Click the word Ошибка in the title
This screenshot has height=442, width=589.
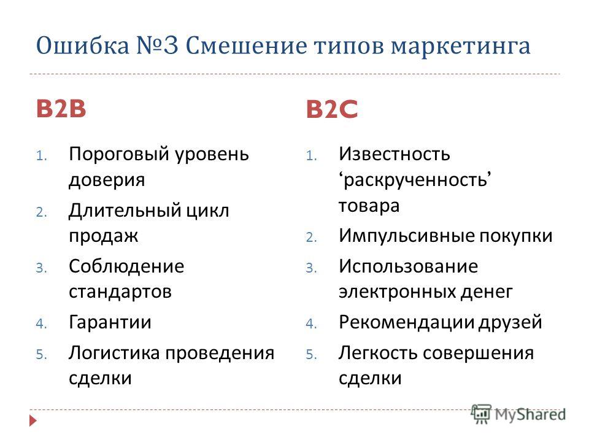83,46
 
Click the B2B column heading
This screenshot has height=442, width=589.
61,109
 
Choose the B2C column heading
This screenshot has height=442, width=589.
332,109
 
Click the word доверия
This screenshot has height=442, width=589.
107,180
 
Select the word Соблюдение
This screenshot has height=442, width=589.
126,266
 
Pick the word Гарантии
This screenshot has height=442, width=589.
110,322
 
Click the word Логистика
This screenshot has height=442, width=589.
114,353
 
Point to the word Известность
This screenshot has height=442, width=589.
395,154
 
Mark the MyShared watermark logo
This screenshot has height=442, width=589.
518,414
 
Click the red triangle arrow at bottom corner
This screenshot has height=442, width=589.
33,420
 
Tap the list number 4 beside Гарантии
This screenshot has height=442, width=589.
41,324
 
